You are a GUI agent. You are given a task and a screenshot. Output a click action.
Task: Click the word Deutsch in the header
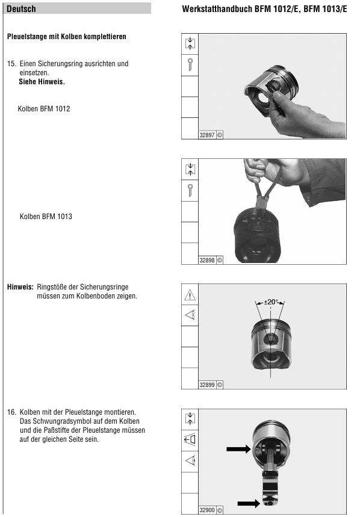(21, 9)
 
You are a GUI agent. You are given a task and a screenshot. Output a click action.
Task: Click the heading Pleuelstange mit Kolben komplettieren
(67, 37)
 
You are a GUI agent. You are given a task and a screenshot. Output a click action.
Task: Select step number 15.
(11, 64)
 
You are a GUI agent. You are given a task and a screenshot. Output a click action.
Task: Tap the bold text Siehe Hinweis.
(42, 82)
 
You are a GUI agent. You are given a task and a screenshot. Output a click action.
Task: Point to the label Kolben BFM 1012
(44, 109)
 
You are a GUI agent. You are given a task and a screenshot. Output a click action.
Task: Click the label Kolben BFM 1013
(46, 217)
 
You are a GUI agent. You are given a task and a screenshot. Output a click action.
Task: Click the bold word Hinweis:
(20, 287)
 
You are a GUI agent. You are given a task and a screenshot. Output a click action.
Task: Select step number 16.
(11, 412)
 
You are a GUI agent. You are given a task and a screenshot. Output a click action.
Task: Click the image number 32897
(207, 135)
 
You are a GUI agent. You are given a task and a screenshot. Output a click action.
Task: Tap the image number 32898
(207, 260)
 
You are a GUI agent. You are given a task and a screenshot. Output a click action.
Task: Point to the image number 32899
(207, 385)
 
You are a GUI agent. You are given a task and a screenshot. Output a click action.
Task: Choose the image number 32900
(207, 510)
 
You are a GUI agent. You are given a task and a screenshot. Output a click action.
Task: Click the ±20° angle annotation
(271, 302)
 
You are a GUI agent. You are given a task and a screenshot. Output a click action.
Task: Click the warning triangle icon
(190, 295)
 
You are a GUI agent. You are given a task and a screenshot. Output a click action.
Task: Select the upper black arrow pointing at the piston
(238, 449)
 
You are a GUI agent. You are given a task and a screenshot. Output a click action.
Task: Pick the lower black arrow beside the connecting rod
(249, 503)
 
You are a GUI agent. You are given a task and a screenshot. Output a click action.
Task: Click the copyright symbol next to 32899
(220, 385)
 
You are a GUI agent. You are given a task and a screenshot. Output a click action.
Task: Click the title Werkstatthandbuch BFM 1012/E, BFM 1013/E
(264, 9)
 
